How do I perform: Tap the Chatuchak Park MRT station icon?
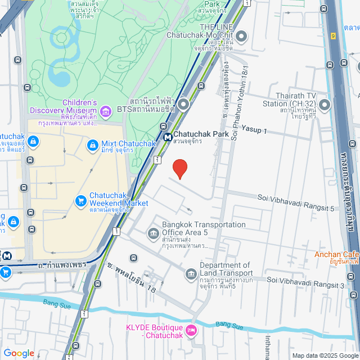[x=168, y=136]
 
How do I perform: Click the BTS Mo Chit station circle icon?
[x=183, y=105]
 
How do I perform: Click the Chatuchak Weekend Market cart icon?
[x=80, y=200]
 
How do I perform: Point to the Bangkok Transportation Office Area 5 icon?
[x=153, y=233]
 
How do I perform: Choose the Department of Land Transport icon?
[x=191, y=274]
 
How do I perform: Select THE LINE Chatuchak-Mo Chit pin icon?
[x=241, y=38]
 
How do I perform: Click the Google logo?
[x=19, y=353]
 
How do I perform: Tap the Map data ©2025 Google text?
[x=325, y=355]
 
